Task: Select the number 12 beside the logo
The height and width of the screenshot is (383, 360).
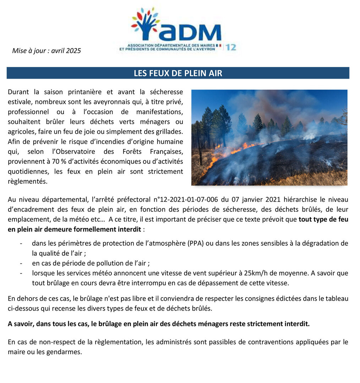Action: (230, 47)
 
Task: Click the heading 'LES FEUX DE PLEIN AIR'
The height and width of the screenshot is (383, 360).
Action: (178, 73)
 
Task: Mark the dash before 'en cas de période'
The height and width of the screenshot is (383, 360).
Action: (22, 263)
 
